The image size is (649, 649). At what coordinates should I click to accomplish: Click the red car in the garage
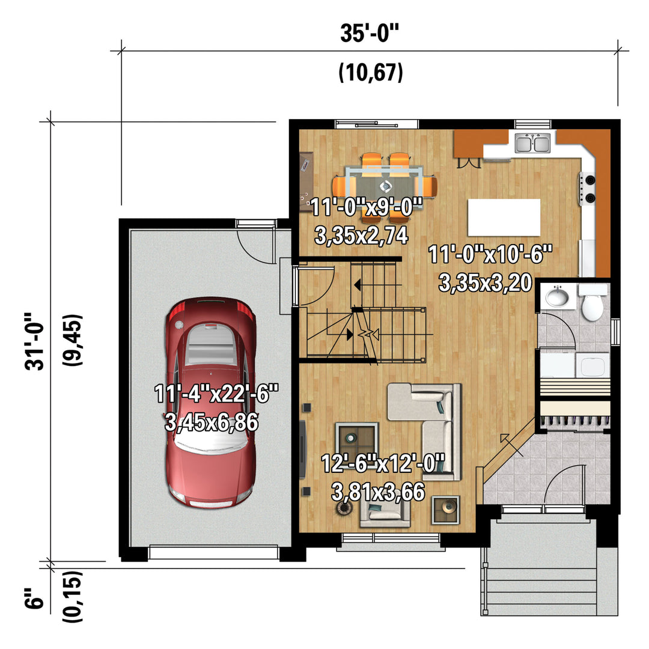pyautogui.click(x=210, y=402)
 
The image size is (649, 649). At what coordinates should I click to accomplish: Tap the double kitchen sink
pyautogui.click(x=532, y=143)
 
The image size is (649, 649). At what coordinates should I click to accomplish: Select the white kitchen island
pyautogui.click(x=504, y=218)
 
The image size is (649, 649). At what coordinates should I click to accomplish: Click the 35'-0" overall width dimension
pyautogui.click(x=370, y=33)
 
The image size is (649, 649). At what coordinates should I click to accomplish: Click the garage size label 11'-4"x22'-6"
pyautogui.click(x=216, y=394)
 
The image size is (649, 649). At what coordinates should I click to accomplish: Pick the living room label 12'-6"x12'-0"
pyautogui.click(x=383, y=463)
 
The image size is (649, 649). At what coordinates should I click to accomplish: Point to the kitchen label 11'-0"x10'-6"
pyautogui.click(x=490, y=254)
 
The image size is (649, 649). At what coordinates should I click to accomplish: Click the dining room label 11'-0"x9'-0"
pyautogui.click(x=367, y=207)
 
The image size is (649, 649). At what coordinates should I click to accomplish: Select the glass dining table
pyautogui.click(x=385, y=187)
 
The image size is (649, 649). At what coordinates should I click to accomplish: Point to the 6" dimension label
pyautogui.click(x=34, y=598)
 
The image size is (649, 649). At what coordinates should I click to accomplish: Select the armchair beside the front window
pyautogui.click(x=385, y=511)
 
